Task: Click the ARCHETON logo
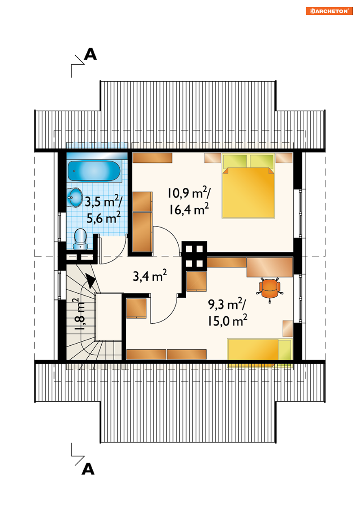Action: pos(329,11)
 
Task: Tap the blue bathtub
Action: pos(94,171)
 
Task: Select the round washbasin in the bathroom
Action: pos(75,197)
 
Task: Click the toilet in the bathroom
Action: pos(80,239)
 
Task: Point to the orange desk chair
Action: pos(270,290)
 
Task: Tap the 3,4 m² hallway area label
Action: pos(150,276)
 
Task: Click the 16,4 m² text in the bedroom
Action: pos(189,209)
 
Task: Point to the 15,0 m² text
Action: pos(227,321)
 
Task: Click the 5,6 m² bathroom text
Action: pos(103,218)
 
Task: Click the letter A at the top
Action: pos(90,54)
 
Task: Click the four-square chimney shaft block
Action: pos(194,256)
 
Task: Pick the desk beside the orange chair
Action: pos(270,267)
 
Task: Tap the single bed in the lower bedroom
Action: pos(260,353)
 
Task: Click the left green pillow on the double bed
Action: pos(235,161)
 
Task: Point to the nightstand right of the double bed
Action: pos(284,158)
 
